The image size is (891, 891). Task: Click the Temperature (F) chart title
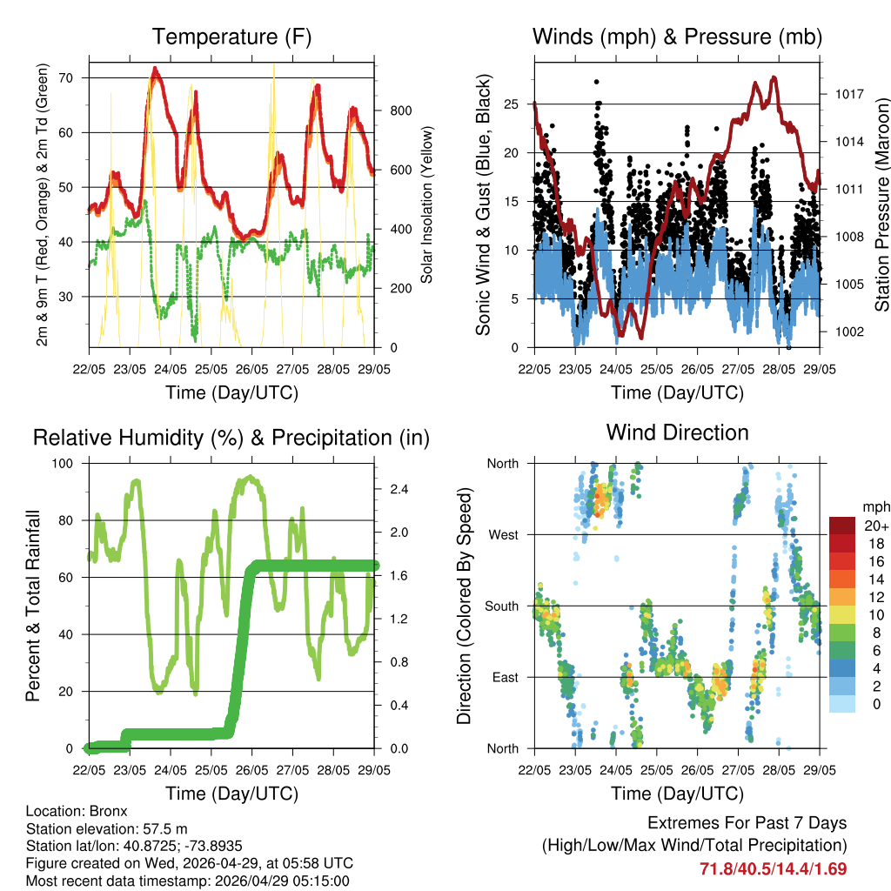click(231, 37)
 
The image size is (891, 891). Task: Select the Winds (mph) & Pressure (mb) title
click(677, 37)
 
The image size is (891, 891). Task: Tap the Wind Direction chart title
click(677, 432)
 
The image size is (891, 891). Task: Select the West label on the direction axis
click(504, 535)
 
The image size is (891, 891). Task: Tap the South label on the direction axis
click(503, 606)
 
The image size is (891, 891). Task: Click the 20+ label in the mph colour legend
click(875, 526)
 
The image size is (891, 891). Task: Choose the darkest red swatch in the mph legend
click(841, 526)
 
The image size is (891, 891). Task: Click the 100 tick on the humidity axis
click(66, 463)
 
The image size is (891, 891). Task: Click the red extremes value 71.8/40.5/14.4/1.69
click(773, 868)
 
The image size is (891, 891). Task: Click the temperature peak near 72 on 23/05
click(155, 69)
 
